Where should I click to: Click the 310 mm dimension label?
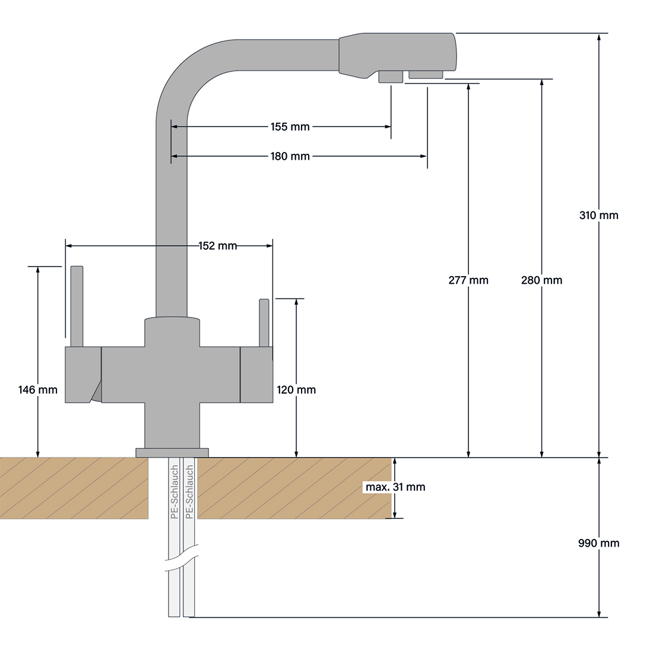pos(598,215)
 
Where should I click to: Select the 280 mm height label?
pos(541,280)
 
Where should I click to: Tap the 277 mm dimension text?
pos(468,280)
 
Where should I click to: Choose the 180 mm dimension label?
pos(290,156)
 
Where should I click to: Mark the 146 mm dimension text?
pos(38,390)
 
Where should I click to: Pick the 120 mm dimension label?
pos(296,390)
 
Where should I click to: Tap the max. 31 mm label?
pos(395,487)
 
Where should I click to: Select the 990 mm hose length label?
pos(599,543)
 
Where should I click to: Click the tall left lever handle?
pos(77,306)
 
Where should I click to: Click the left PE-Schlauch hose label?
pos(175,493)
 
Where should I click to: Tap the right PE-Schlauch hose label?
pos(189,493)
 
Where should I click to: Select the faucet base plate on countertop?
pos(172,453)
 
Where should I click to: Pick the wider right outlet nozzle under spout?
pos(426,74)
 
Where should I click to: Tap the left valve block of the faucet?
pos(82,375)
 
